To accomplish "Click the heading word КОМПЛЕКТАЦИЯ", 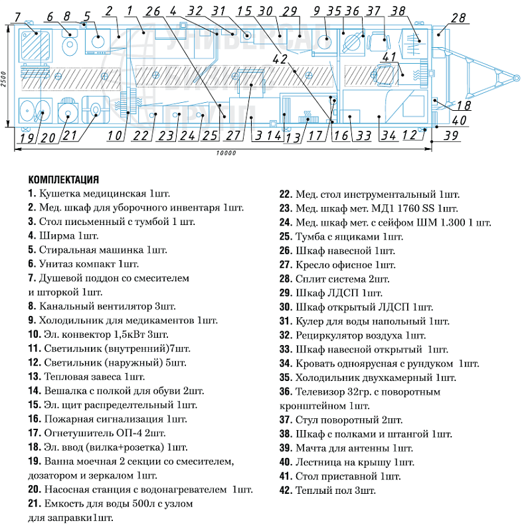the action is coord(63,179).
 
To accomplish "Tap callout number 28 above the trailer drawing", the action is coord(458,18).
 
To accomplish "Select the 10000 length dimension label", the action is coord(226,153).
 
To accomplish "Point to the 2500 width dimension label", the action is coord(3,79).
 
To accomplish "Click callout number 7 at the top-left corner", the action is coord(17,17).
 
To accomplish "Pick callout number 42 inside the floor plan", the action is coord(280,59).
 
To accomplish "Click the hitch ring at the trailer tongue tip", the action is coord(517,78).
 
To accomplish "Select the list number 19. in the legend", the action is coord(35,461).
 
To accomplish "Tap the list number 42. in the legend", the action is coord(286,491).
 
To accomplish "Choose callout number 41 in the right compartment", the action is coord(389,57).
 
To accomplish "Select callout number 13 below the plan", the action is coord(293,137).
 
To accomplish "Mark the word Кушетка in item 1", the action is coord(59,194).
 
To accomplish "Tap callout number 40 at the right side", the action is coord(460,120).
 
